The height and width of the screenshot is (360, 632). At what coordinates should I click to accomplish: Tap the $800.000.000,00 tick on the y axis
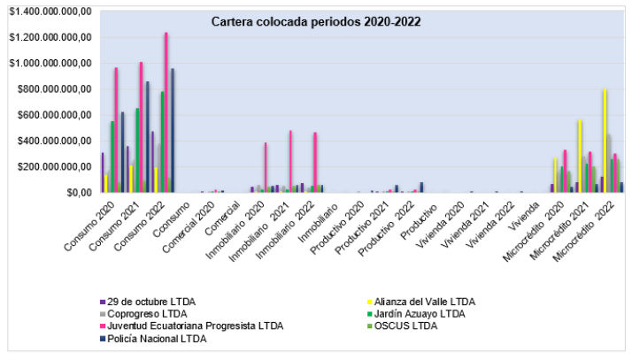coord(51,88)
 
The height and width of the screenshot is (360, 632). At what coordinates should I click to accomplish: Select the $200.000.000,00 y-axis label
coord(51,166)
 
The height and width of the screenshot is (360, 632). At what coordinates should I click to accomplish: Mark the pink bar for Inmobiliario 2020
coord(266,167)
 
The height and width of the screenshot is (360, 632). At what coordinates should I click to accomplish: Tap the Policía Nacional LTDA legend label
coord(158,338)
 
